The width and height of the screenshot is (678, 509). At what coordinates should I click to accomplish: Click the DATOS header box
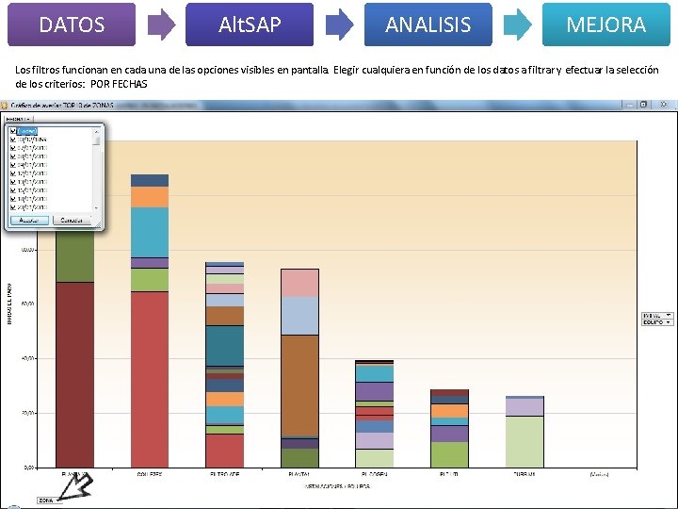click(x=72, y=25)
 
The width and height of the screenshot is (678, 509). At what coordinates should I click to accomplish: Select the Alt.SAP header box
click(x=250, y=25)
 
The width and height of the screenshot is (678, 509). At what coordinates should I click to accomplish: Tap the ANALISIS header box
click(x=428, y=25)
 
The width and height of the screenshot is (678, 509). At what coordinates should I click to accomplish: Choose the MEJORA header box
click(x=605, y=25)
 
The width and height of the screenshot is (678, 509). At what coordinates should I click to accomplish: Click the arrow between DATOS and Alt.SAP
click(x=162, y=25)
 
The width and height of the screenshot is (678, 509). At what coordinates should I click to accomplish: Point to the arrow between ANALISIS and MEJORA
click(x=518, y=25)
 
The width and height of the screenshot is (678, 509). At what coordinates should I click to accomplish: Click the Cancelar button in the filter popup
click(x=72, y=220)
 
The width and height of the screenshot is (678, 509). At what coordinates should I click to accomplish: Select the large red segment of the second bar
click(x=150, y=377)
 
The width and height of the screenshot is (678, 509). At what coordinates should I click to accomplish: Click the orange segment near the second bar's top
click(x=150, y=197)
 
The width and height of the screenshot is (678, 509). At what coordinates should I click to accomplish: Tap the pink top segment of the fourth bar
click(x=299, y=283)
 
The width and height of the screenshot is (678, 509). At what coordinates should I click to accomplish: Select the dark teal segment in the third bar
click(x=224, y=344)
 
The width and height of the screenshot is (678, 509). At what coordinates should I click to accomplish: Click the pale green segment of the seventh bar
click(x=525, y=440)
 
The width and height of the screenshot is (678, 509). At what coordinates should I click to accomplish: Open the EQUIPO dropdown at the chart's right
click(x=657, y=322)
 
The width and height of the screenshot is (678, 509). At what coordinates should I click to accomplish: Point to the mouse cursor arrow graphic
click(x=80, y=484)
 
